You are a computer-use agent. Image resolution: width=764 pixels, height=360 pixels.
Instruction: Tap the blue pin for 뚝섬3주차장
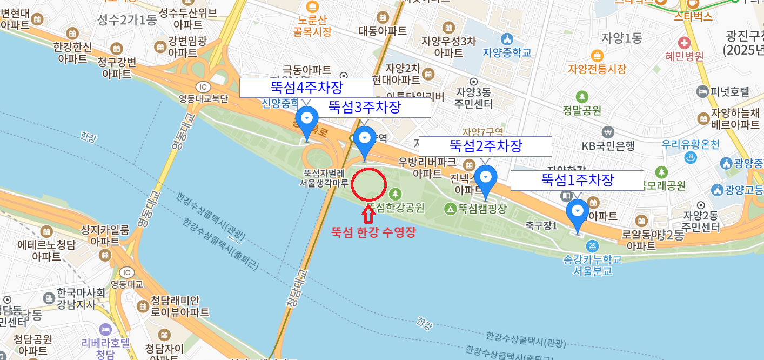click(365, 139)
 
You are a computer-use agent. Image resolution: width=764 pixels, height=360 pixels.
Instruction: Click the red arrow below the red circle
click(368, 214)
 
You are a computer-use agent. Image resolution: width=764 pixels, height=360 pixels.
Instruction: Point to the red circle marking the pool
click(368, 185)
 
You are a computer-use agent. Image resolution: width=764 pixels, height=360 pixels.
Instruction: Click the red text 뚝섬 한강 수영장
click(373, 233)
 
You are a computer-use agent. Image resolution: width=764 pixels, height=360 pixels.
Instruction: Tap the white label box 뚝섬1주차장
click(577, 181)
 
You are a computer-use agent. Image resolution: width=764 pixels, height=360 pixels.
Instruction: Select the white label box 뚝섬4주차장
click(306, 88)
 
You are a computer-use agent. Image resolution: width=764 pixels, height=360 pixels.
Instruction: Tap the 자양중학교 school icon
click(507, 39)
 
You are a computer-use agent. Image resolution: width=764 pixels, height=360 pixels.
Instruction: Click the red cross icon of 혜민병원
click(684, 42)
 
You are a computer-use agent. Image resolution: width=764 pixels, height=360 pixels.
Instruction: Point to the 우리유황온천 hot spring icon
click(690, 158)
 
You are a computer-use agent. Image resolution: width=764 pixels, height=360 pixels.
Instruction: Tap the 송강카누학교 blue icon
click(593, 246)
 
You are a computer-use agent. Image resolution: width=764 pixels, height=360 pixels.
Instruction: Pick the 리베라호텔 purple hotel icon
click(105, 329)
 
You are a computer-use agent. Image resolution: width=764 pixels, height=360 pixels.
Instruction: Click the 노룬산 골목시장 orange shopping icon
click(312, 7)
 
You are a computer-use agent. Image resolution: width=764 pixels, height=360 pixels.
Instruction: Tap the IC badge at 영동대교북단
click(203, 87)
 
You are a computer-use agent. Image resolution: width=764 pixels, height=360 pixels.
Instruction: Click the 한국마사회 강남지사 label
click(81, 298)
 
